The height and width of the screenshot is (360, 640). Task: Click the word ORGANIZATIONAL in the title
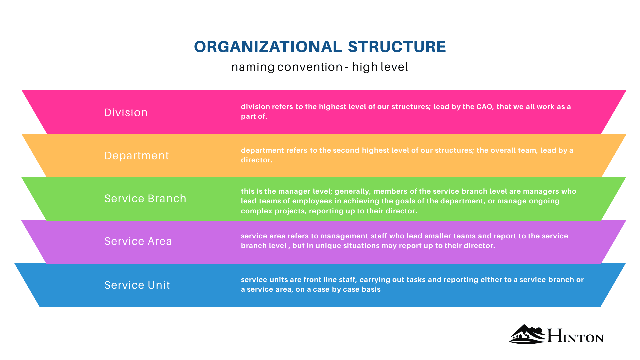click(x=268, y=47)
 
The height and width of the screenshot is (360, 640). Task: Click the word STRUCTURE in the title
click(x=397, y=47)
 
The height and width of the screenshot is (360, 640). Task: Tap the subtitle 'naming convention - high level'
click(x=319, y=67)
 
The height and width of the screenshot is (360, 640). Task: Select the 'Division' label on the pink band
click(x=126, y=113)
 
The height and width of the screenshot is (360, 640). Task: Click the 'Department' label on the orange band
click(x=137, y=156)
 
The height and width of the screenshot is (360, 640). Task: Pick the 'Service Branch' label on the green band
click(x=145, y=199)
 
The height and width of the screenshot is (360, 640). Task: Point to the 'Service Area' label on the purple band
click(x=138, y=241)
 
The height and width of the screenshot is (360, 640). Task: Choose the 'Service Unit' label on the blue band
click(x=137, y=285)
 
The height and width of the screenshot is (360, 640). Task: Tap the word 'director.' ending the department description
click(x=257, y=160)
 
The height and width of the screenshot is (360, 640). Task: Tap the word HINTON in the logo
click(x=575, y=336)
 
